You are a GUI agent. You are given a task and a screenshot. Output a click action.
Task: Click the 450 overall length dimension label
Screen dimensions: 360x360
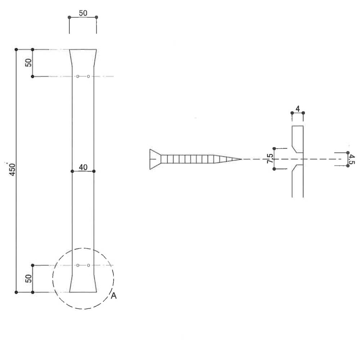(12, 170)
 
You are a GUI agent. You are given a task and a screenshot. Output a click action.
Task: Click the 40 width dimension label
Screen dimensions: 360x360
(83, 167)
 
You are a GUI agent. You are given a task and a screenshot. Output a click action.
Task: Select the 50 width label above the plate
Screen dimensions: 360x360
(83, 13)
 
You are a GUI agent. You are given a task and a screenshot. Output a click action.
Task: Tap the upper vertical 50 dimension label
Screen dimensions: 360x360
(28, 62)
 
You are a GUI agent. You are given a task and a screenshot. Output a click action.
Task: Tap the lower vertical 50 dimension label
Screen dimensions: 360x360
(28, 279)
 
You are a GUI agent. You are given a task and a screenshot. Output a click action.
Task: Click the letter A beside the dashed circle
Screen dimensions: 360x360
(114, 296)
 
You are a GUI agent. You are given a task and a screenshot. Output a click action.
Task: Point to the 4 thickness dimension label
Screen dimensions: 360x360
(298, 109)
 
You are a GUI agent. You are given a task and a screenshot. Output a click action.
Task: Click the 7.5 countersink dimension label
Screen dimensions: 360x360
(270, 159)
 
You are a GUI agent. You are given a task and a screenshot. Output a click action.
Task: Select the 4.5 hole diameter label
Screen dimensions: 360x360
(352, 159)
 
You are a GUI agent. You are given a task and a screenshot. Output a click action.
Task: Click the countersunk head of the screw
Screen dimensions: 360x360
(155, 159)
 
